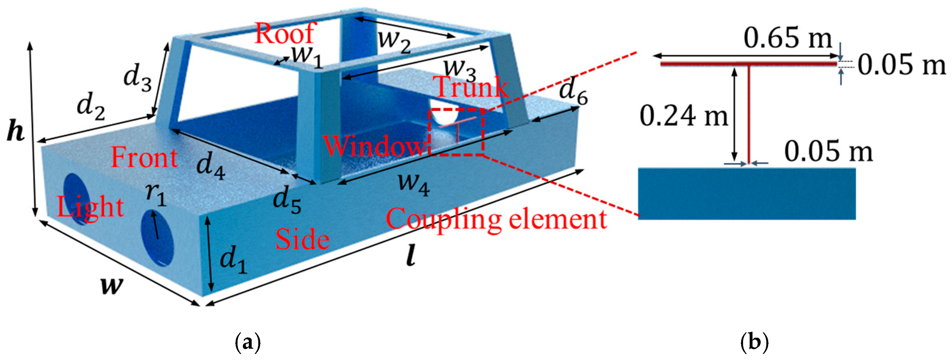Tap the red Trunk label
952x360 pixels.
(472, 87)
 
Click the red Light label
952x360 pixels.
(90, 207)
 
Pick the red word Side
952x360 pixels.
(302, 239)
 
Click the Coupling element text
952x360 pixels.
(496, 219)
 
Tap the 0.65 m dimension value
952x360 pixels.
(787, 38)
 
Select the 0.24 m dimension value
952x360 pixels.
(684, 116)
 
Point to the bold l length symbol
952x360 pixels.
(411, 257)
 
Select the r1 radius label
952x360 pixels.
(156, 195)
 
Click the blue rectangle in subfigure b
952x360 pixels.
(747, 194)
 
